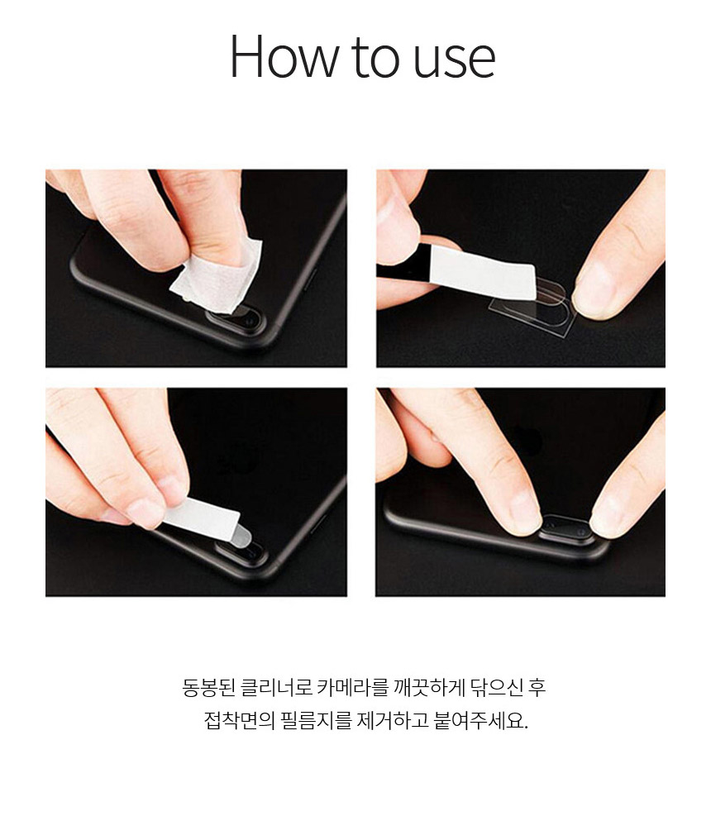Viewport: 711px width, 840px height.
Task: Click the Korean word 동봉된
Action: (x=208, y=687)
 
